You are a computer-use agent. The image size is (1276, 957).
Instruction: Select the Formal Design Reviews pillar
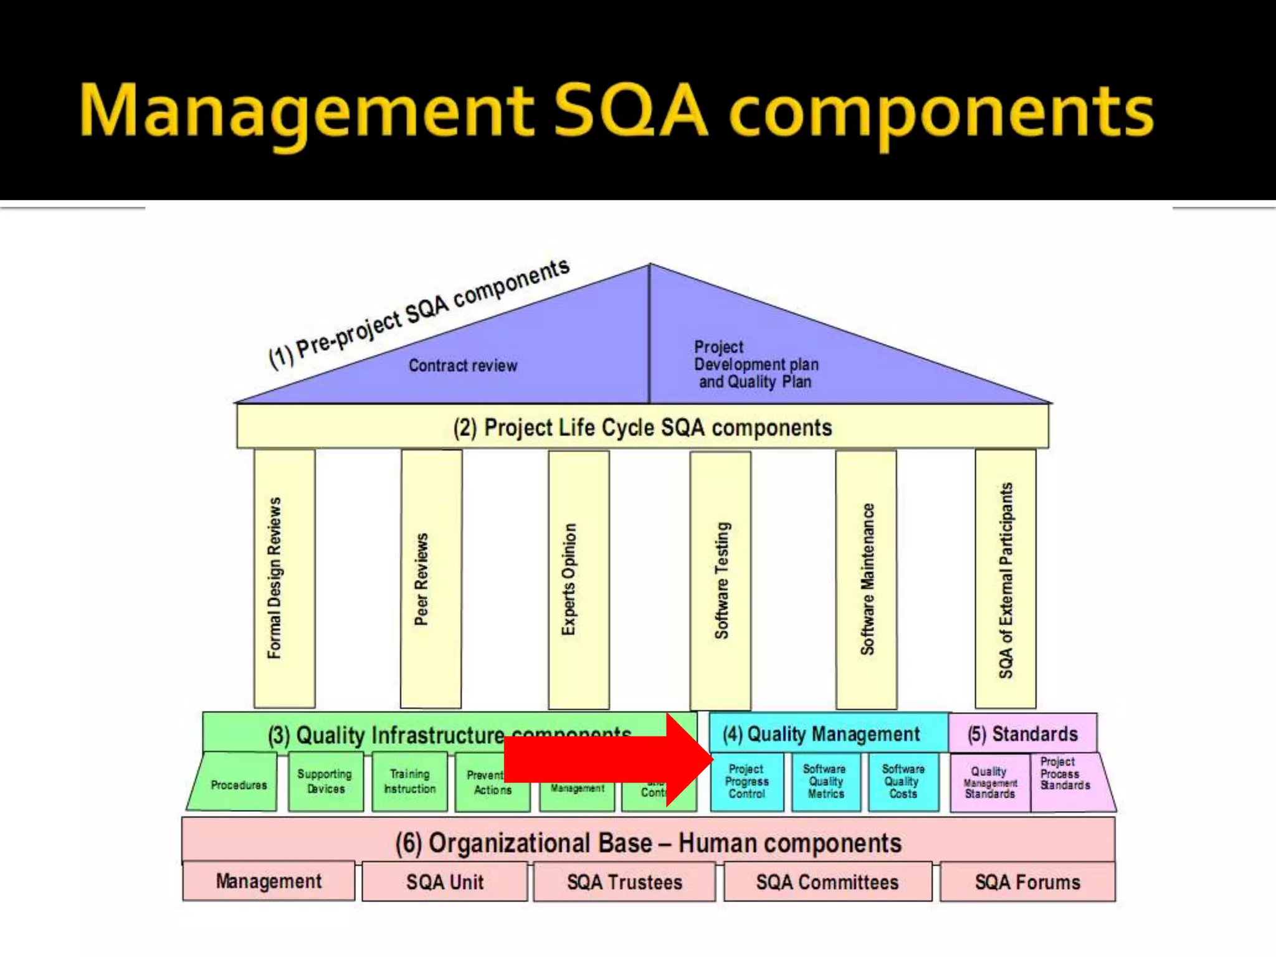tap(284, 578)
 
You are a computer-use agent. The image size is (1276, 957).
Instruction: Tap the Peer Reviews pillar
tap(431, 579)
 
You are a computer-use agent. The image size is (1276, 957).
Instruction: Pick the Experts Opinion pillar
tap(578, 579)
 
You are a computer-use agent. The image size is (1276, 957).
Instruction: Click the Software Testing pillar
tap(720, 580)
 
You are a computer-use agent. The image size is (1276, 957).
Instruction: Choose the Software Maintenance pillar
tap(866, 579)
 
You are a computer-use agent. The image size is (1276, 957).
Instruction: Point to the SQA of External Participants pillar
tap(1006, 579)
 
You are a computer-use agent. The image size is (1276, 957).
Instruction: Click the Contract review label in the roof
tap(463, 366)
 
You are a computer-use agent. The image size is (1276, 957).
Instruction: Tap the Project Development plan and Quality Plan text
tap(756, 364)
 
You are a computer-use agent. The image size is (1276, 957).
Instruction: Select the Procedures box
tap(237, 784)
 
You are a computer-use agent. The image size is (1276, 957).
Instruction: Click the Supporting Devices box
tap(325, 782)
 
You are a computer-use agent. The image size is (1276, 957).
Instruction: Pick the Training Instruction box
tap(409, 782)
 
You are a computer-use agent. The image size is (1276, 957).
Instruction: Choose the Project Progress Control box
tap(747, 782)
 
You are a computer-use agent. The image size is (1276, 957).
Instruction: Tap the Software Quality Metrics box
tap(826, 782)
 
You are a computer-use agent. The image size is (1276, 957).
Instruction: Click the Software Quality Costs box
tap(903, 782)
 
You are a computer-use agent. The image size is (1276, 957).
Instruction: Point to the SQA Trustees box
tap(624, 882)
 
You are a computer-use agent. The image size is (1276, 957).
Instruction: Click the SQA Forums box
tap(1027, 882)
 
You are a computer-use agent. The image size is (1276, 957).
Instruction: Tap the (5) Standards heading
tap(1022, 734)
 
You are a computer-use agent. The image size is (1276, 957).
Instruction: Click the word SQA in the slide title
tap(631, 111)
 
